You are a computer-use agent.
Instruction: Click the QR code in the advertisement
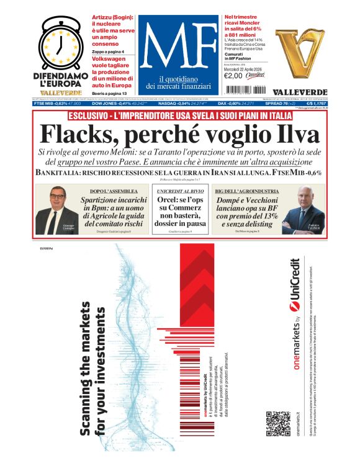point(277,423)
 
